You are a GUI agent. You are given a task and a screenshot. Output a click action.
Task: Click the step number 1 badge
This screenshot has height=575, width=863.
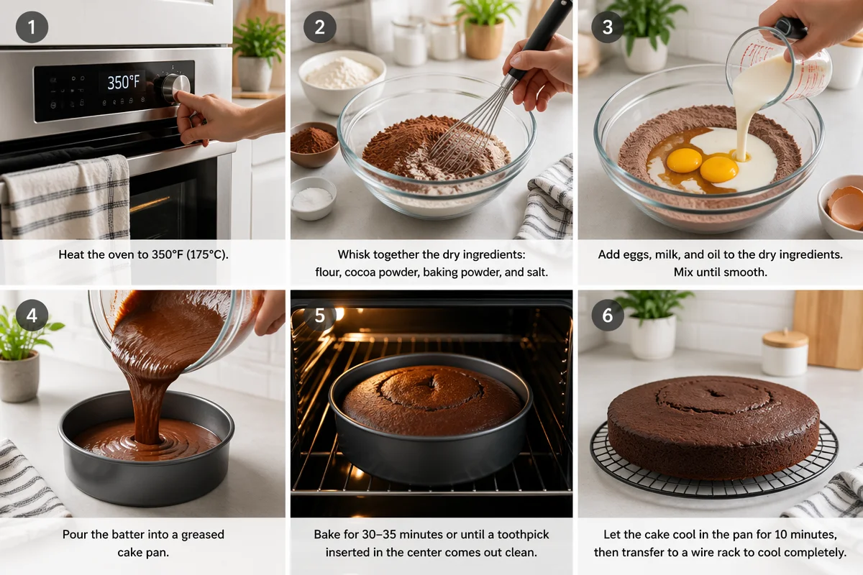pyautogui.click(x=32, y=27)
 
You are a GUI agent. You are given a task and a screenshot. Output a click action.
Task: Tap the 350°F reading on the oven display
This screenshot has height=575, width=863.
pyautogui.click(x=123, y=83)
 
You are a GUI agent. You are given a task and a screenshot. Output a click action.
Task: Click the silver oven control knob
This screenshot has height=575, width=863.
pyautogui.click(x=175, y=88)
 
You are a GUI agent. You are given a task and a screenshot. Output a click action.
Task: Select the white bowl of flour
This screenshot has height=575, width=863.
pyautogui.click(x=342, y=81)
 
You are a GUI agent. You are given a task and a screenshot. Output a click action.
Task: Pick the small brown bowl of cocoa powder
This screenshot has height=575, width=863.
pyautogui.click(x=314, y=144)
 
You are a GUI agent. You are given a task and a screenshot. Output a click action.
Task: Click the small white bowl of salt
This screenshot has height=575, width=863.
pyautogui.click(x=313, y=198)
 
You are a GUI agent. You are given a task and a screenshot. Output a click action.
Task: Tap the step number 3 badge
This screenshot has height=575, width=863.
pyautogui.click(x=608, y=27)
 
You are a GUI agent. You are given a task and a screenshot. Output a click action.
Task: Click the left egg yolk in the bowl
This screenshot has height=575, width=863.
pyautogui.click(x=684, y=160)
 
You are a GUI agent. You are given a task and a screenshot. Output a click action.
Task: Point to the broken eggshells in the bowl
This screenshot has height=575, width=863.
pyautogui.click(x=846, y=207)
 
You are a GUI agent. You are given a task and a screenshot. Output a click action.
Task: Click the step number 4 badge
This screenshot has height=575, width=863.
pyautogui.click(x=32, y=315)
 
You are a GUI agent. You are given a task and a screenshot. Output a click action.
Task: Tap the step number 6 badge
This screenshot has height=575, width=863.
pyautogui.click(x=608, y=315)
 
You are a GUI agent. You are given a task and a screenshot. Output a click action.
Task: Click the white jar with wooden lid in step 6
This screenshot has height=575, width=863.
pyautogui.click(x=785, y=353)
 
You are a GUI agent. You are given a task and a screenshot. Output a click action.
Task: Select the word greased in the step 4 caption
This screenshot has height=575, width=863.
pyautogui.click(x=203, y=535)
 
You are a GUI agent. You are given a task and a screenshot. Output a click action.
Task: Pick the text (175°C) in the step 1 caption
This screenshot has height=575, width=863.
pyautogui.click(x=208, y=254)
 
